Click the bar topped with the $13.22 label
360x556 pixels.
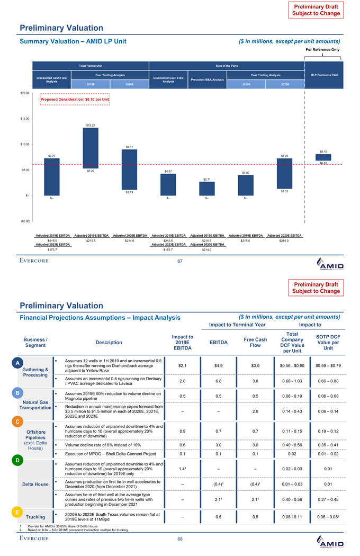(x=91, y=148)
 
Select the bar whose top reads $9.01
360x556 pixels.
(x=129, y=169)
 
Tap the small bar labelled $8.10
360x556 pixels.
(x=323, y=157)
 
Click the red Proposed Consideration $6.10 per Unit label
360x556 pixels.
(x=75, y=99)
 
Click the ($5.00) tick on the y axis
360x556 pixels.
(x=22, y=221)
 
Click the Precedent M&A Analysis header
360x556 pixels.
(x=207, y=80)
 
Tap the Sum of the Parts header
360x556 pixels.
(x=227, y=66)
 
